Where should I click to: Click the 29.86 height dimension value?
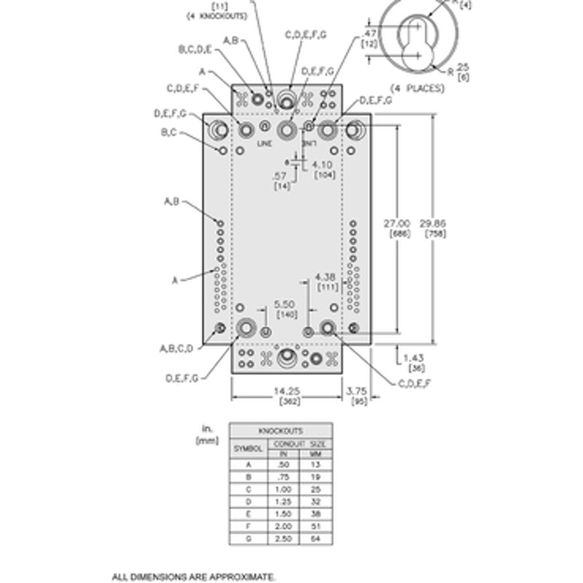pyautogui.click(x=433, y=223)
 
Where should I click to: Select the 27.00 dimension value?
pyautogui.click(x=397, y=223)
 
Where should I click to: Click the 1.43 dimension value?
pyautogui.click(x=414, y=358)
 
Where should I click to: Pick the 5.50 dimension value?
pyautogui.click(x=284, y=304)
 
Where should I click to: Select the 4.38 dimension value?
pyautogui.click(x=325, y=277)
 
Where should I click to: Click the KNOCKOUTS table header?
pyautogui.click(x=281, y=431)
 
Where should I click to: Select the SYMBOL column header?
pyautogui.click(x=248, y=449)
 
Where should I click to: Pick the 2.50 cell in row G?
pyautogui.click(x=283, y=539)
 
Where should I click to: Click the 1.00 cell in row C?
pyautogui.click(x=283, y=489)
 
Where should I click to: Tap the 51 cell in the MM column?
pyautogui.click(x=315, y=526)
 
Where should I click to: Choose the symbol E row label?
pyautogui.click(x=249, y=514)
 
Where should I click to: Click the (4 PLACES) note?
pyautogui.click(x=417, y=88)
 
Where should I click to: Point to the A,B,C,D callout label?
pyautogui.click(x=176, y=348)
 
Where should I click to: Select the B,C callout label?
pyautogui.click(x=169, y=132)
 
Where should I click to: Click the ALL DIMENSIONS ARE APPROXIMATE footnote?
pyautogui.click(x=193, y=577)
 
